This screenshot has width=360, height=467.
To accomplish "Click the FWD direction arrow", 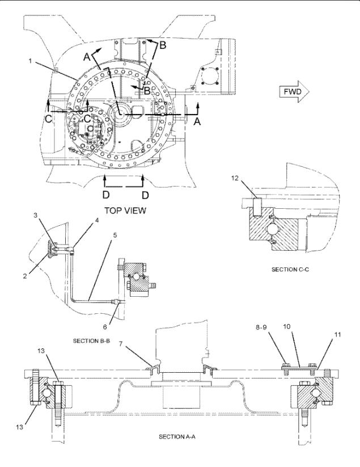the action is pos(294,92).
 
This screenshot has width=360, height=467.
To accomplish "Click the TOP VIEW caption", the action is pos(125,211).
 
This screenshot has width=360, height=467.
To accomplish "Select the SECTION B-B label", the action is pos(91,340).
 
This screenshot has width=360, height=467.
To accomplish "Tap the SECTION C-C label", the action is pos(290,269).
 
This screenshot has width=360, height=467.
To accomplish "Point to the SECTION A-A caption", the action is pos(177,437).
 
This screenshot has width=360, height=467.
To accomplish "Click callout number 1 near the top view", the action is pos(31,61).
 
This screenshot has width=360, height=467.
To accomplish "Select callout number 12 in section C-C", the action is pos(235,178).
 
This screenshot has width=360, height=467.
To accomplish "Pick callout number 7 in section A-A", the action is pos(121,344).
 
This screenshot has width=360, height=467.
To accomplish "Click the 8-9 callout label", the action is pos(261,327).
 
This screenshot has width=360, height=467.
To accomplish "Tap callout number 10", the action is pos(286,327).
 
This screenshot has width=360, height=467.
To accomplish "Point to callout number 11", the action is pos(337,335).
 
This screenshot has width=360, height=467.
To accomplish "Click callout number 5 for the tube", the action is pos(115,235).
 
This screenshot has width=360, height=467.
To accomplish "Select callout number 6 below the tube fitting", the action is pos(105,327).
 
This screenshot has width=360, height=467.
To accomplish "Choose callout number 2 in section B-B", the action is pos(25,276).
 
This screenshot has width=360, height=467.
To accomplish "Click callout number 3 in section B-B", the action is pos(35,215).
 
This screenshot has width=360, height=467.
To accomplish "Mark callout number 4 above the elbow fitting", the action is pos(97,220).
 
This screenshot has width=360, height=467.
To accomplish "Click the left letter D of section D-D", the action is pos(106,195).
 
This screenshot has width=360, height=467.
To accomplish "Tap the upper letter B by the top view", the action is pos(163,45).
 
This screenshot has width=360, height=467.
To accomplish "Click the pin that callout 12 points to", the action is pos(257,207).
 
